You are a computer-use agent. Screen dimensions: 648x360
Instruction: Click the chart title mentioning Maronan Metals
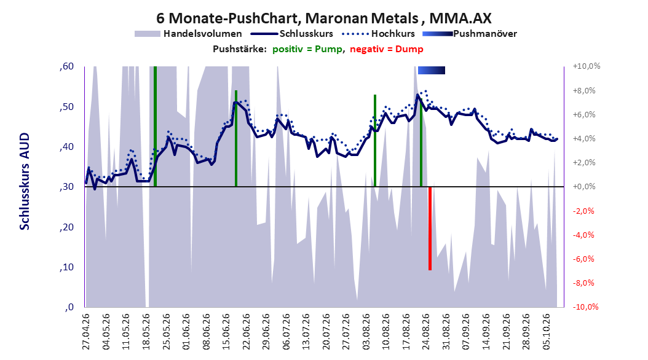(x=323, y=18)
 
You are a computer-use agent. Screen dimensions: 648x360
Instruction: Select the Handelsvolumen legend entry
(x=189, y=34)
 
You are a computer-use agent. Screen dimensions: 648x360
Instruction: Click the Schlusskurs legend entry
(x=293, y=34)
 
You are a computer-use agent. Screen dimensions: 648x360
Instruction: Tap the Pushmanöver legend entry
(x=470, y=34)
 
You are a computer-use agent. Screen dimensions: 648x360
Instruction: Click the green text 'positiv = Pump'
(x=307, y=49)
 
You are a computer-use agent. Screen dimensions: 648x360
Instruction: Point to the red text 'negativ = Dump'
(x=387, y=49)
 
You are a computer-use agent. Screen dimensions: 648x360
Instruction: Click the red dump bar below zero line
(x=430, y=229)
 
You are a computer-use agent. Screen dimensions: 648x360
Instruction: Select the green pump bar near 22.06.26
(x=236, y=138)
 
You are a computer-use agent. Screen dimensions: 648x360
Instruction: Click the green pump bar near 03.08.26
(x=375, y=140)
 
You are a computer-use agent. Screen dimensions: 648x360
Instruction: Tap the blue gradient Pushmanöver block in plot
(x=432, y=70)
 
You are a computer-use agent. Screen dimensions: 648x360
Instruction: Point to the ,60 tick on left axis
(x=66, y=66)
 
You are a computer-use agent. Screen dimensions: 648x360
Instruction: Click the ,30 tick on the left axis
(x=66, y=187)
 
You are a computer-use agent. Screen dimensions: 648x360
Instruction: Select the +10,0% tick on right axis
(x=587, y=66)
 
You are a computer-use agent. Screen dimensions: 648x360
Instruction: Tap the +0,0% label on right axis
(x=584, y=187)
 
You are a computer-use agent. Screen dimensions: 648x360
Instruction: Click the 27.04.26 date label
(x=86, y=332)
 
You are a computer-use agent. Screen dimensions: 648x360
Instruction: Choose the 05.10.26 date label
(x=546, y=332)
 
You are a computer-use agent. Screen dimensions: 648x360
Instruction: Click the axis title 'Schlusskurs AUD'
(x=25, y=181)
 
